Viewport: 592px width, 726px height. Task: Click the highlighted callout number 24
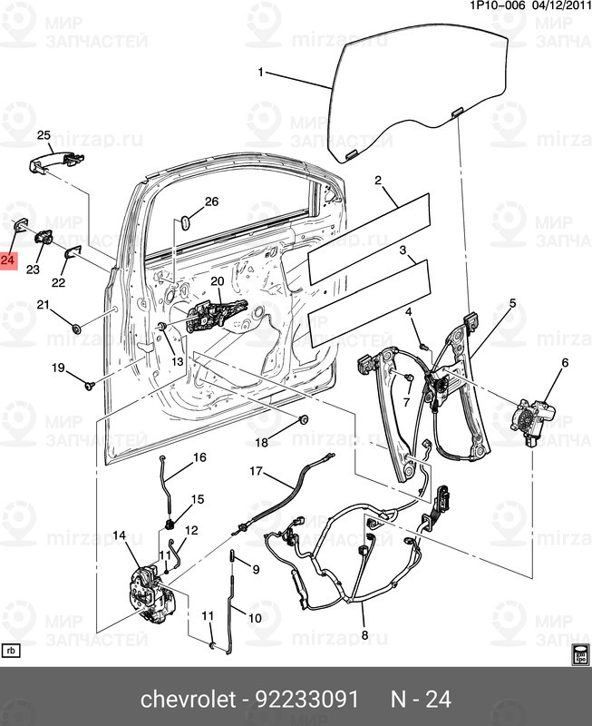8,261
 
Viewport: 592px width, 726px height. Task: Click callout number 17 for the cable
257,471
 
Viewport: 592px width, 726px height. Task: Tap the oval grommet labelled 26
186,220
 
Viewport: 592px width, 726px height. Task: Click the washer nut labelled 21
76,327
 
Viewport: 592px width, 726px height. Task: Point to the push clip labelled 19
89,387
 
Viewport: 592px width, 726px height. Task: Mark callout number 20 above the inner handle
217,281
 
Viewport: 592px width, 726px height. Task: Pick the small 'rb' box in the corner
12,652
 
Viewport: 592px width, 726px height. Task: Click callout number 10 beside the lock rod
255,618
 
